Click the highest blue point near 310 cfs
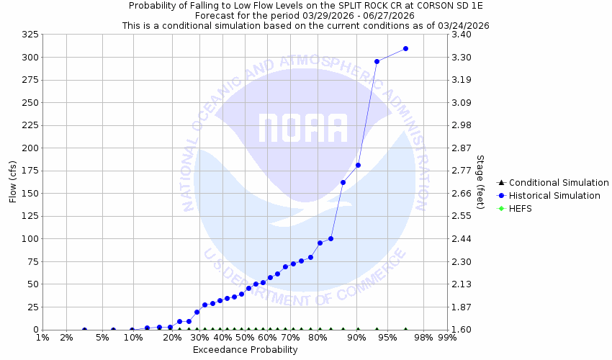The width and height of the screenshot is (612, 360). pos(405,48)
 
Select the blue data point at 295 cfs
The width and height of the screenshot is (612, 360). pos(377,61)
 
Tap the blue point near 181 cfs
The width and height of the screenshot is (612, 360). pos(358,165)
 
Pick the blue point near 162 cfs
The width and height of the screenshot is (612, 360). pos(343,182)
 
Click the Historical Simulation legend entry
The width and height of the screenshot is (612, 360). pos(554,196)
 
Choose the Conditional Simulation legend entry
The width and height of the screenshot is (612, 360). pos(554,183)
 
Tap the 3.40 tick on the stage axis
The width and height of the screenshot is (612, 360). pos(462,35)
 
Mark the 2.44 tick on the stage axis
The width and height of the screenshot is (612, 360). pos(462,239)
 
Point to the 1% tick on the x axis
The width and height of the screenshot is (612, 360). pos(42,338)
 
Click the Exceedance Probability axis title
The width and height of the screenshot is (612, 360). pos(245,350)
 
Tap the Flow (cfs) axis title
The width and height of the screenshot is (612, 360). pos(12,182)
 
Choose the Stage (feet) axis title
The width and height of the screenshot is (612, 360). pos(480,182)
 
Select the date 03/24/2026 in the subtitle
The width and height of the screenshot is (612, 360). pos(463,24)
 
